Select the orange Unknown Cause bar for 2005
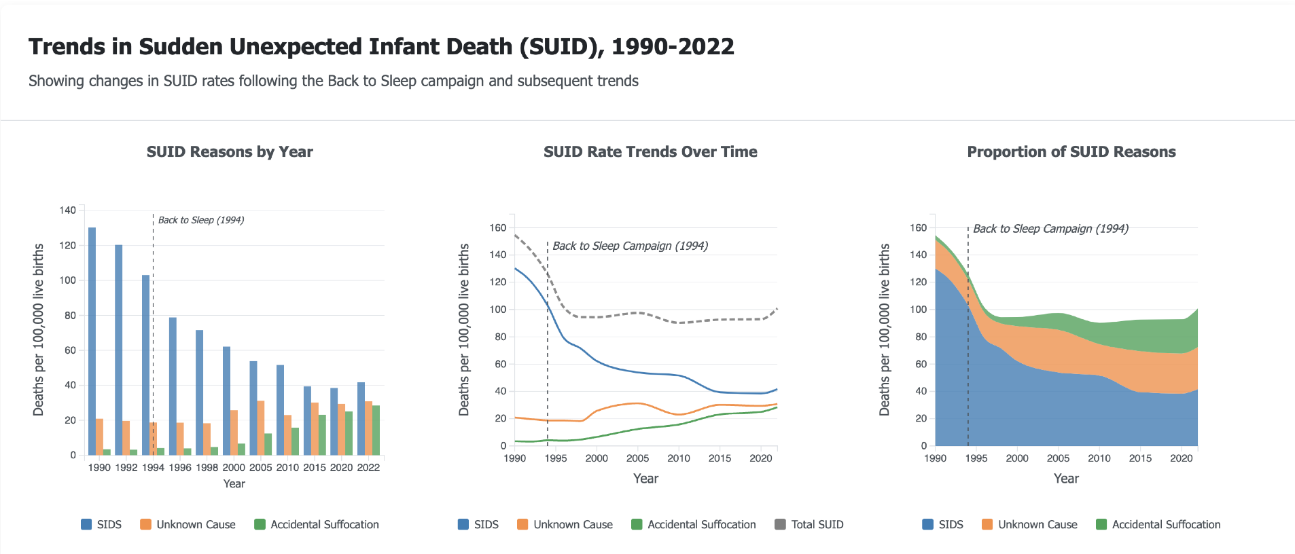pyautogui.click(x=260, y=428)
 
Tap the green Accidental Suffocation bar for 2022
pyautogui.click(x=376, y=430)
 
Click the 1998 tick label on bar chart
pyautogui.click(x=207, y=468)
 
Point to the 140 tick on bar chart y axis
pyautogui.click(x=67, y=210)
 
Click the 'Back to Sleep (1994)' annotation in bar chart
pyautogui.click(x=200, y=220)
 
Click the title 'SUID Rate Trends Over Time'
pyautogui.click(x=650, y=152)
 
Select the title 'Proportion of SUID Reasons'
pyautogui.click(x=1071, y=152)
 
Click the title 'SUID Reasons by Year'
pyautogui.click(x=230, y=152)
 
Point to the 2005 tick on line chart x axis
pyautogui.click(x=637, y=458)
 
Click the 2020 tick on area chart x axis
pyautogui.click(x=1181, y=458)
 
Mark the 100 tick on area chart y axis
pyautogui.click(x=918, y=310)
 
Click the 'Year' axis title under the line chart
pyautogui.click(x=645, y=479)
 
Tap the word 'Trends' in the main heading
pyautogui.click(x=67, y=47)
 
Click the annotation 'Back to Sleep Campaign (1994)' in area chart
pyautogui.click(x=1050, y=229)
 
